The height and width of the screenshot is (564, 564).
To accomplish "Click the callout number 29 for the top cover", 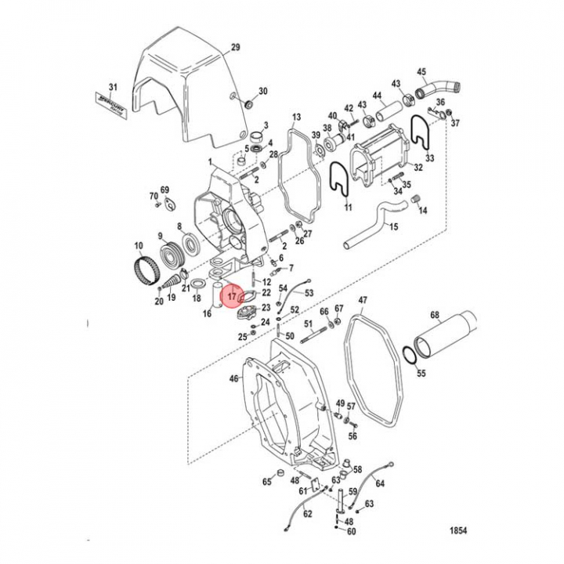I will [x=235, y=49].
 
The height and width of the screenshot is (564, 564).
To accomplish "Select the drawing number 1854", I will [x=458, y=530].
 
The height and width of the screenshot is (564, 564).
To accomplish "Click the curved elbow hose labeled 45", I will [x=433, y=88].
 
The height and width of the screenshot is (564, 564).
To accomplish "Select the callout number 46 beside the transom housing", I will [x=233, y=379].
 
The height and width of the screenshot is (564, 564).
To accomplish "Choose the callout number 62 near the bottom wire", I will [x=307, y=515].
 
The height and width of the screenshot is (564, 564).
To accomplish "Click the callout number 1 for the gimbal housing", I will [x=210, y=162].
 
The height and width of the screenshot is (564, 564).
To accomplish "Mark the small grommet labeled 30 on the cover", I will [x=248, y=103].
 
